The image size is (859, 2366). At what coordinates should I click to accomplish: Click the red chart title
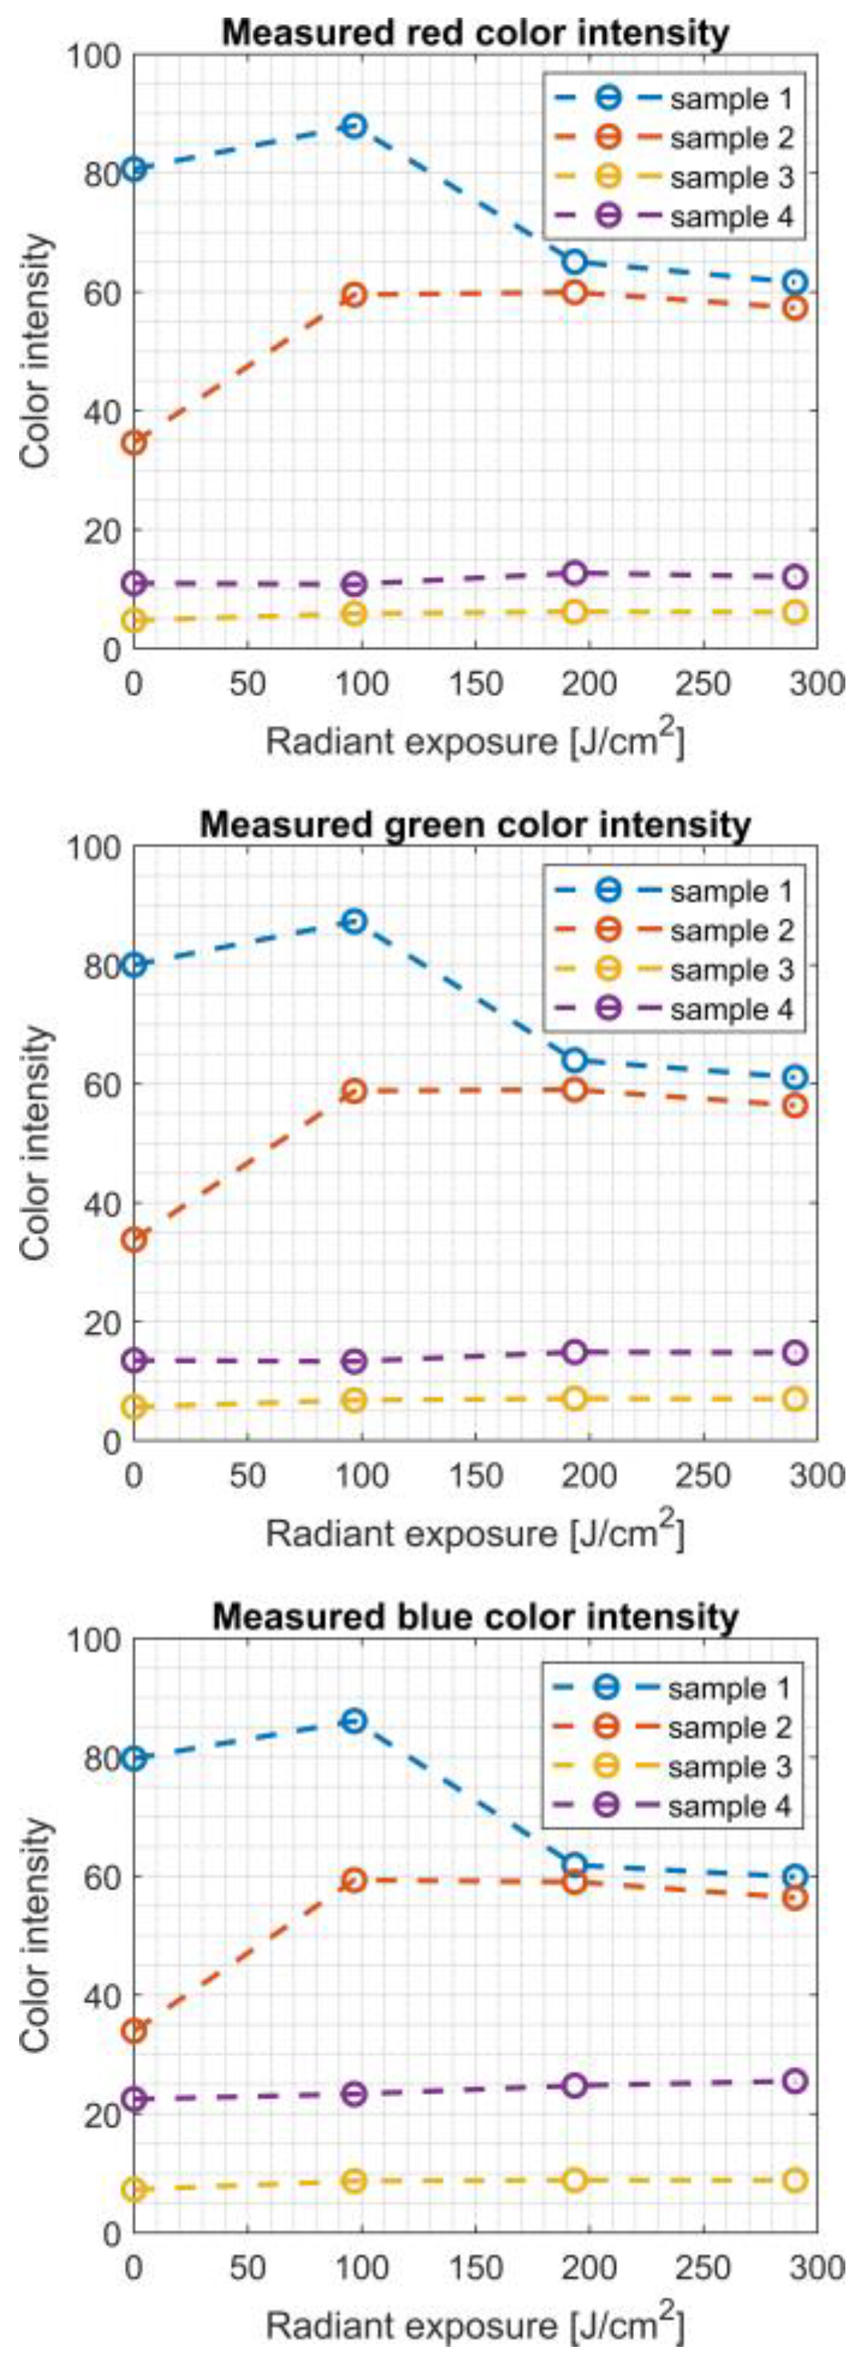475,34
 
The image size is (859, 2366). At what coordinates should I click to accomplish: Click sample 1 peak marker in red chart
355,126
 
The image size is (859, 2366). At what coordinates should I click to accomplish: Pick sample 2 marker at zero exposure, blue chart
134,2031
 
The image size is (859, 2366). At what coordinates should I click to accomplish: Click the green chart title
475,825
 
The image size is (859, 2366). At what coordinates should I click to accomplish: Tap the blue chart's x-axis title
475,2324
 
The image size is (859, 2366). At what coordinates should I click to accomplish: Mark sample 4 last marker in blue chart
796,2080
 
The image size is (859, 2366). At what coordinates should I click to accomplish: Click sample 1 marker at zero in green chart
134,964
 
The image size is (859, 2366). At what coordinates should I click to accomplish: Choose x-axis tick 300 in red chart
817,684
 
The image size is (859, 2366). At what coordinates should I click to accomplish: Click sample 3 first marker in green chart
134,1406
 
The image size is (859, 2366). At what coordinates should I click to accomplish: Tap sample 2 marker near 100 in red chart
355,294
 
